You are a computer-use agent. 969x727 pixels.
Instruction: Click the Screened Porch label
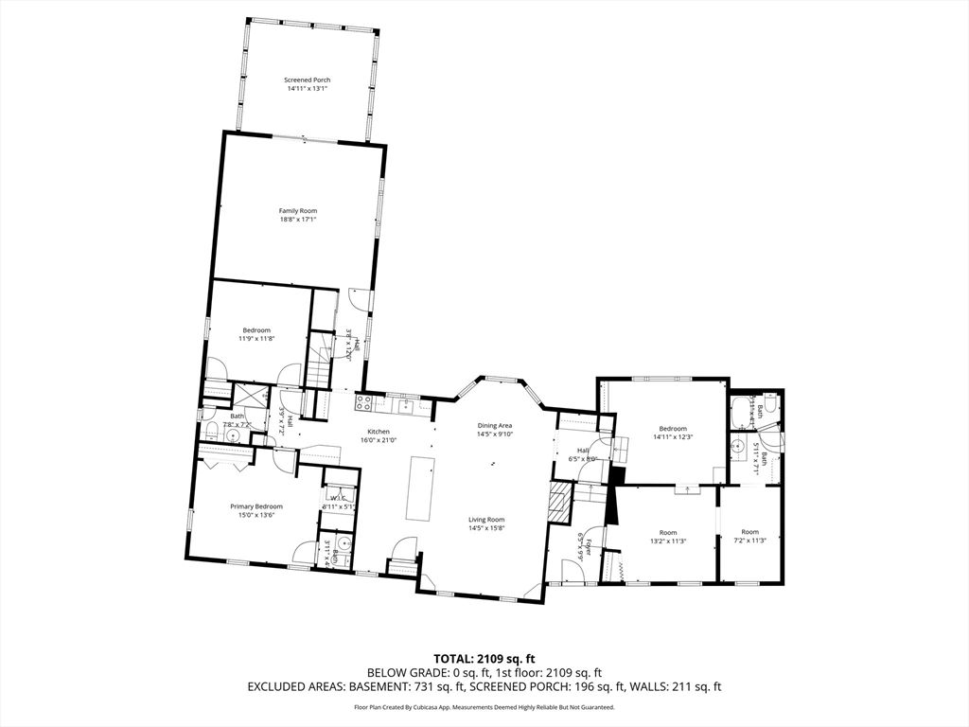point(308,80)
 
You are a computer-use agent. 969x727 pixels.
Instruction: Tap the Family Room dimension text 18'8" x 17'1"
point(297,220)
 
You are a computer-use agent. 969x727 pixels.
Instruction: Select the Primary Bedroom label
point(256,507)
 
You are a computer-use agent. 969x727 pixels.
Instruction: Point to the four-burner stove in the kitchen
point(362,403)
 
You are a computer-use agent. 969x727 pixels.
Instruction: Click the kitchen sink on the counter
point(404,404)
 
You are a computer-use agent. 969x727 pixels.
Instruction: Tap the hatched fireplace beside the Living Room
point(561,503)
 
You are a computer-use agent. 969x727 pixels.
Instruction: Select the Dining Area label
point(494,426)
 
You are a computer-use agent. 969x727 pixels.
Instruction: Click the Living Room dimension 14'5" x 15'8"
point(486,528)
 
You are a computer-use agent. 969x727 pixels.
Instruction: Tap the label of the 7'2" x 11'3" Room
point(749,532)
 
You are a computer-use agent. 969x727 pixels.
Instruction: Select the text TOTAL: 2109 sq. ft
point(484,659)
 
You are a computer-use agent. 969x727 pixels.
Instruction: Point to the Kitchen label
point(379,432)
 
